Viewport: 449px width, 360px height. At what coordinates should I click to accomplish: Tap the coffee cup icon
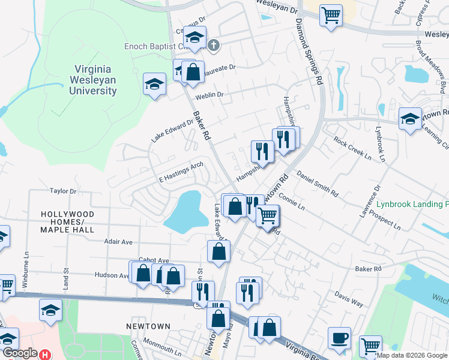tap(340, 337)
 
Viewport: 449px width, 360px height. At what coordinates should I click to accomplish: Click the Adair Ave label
tap(118, 242)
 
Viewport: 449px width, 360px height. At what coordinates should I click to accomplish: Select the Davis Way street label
tap(349, 299)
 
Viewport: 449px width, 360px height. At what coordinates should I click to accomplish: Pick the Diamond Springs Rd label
tap(308, 54)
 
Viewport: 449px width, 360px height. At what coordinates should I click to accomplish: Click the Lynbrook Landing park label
tap(412, 204)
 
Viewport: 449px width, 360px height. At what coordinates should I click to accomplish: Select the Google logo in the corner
tap(19, 353)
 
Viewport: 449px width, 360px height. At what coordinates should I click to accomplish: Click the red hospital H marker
tap(44, 355)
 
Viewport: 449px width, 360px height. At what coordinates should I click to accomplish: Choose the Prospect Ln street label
tap(384, 223)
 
